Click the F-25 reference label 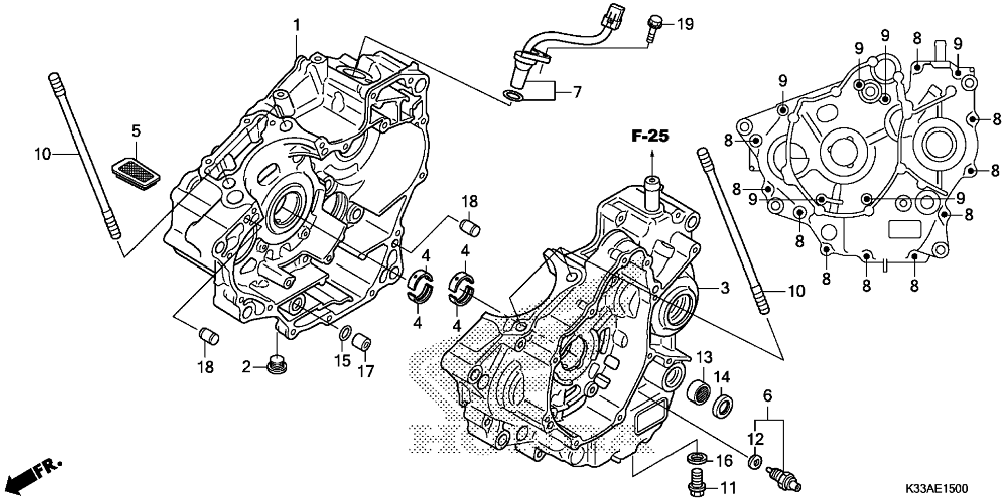[x=650, y=136]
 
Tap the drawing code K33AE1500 [x=937, y=489]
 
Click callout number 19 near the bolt [x=685, y=24]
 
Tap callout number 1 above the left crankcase [x=297, y=25]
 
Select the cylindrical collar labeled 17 [x=361, y=343]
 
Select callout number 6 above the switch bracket [x=768, y=396]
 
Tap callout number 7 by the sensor [x=577, y=92]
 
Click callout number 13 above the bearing [x=704, y=357]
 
